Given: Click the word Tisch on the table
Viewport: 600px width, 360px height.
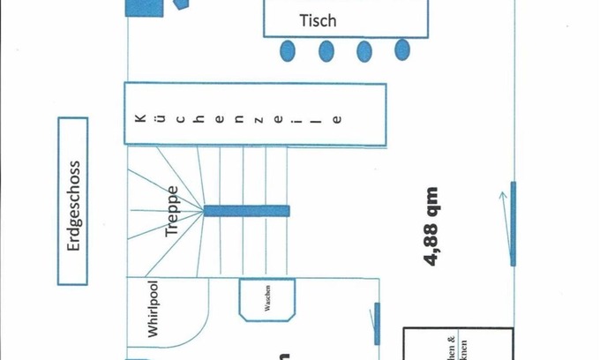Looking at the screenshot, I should tap(318, 19).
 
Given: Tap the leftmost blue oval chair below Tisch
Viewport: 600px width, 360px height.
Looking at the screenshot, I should tap(288, 49).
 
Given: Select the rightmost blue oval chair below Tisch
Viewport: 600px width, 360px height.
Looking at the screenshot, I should tap(402, 49).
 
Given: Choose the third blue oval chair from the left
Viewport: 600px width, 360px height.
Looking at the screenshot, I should tap(364, 50).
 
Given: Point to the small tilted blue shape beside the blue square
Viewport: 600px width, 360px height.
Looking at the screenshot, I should tap(182, 4).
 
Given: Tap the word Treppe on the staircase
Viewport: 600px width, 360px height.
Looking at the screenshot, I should tap(172, 212).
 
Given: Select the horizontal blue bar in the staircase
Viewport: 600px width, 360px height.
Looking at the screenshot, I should tap(246, 211).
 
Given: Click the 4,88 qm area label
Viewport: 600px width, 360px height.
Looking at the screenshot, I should tap(431, 225).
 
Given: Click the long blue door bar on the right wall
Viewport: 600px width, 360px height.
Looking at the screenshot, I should tap(512, 223).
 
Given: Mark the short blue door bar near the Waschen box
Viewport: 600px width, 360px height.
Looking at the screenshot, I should tap(377, 324).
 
